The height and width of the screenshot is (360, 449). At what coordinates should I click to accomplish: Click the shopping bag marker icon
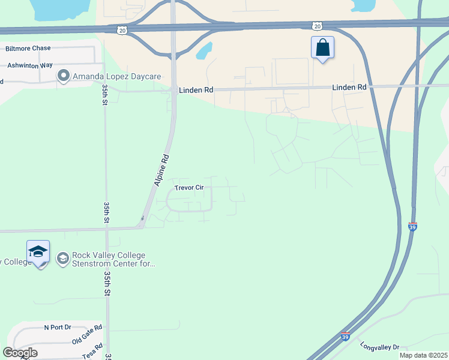(322, 47)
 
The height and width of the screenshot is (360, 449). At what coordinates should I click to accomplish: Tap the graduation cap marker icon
(38, 252)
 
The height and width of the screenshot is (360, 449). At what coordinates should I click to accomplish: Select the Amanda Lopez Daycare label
(109, 76)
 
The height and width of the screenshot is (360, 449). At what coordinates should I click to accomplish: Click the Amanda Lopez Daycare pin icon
(63, 76)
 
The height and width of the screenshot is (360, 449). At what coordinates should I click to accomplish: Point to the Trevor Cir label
(190, 188)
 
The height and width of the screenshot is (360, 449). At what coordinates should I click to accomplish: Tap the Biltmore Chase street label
(29, 49)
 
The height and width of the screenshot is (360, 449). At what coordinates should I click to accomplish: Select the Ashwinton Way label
(29, 64)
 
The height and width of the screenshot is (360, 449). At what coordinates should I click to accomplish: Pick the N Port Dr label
(58, 327)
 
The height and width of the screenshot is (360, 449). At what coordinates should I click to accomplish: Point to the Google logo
(20, 353)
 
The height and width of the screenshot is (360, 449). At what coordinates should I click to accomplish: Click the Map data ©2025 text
(423, 355)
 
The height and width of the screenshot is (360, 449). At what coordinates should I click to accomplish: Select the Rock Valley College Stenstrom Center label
(113, 259)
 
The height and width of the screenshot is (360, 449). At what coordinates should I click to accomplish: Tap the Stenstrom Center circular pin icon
(62, 259)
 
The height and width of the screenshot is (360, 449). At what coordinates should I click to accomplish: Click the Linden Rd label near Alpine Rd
(196, 91)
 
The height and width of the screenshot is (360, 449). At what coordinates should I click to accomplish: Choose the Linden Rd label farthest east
(349, 87)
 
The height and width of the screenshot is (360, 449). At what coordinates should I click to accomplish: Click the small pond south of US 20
(205, 51)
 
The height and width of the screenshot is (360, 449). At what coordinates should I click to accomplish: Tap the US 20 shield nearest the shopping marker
(317, 25)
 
